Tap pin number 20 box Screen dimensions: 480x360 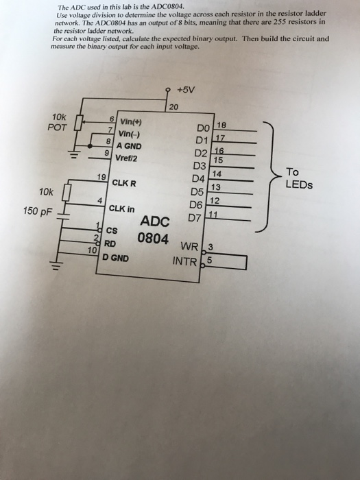pyautogui.click(x=173, y=107)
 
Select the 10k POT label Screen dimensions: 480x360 pyautogui.click(x=59, y=123)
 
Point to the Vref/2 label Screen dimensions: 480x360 pyautogui.click(x=131, y=157)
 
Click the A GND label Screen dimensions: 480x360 pyautogui.click(x=130, y=145)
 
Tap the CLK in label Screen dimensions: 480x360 pyautogui.click(x=121, y=208)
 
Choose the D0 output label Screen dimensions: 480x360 pyautogui.click(x=203, y=128)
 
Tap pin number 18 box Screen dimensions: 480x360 pyautogui.click(x=220, y=124)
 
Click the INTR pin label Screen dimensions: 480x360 pyautogui.click(x=185, y=261)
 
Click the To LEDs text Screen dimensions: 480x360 pyautogui.click(x=298, y=179)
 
